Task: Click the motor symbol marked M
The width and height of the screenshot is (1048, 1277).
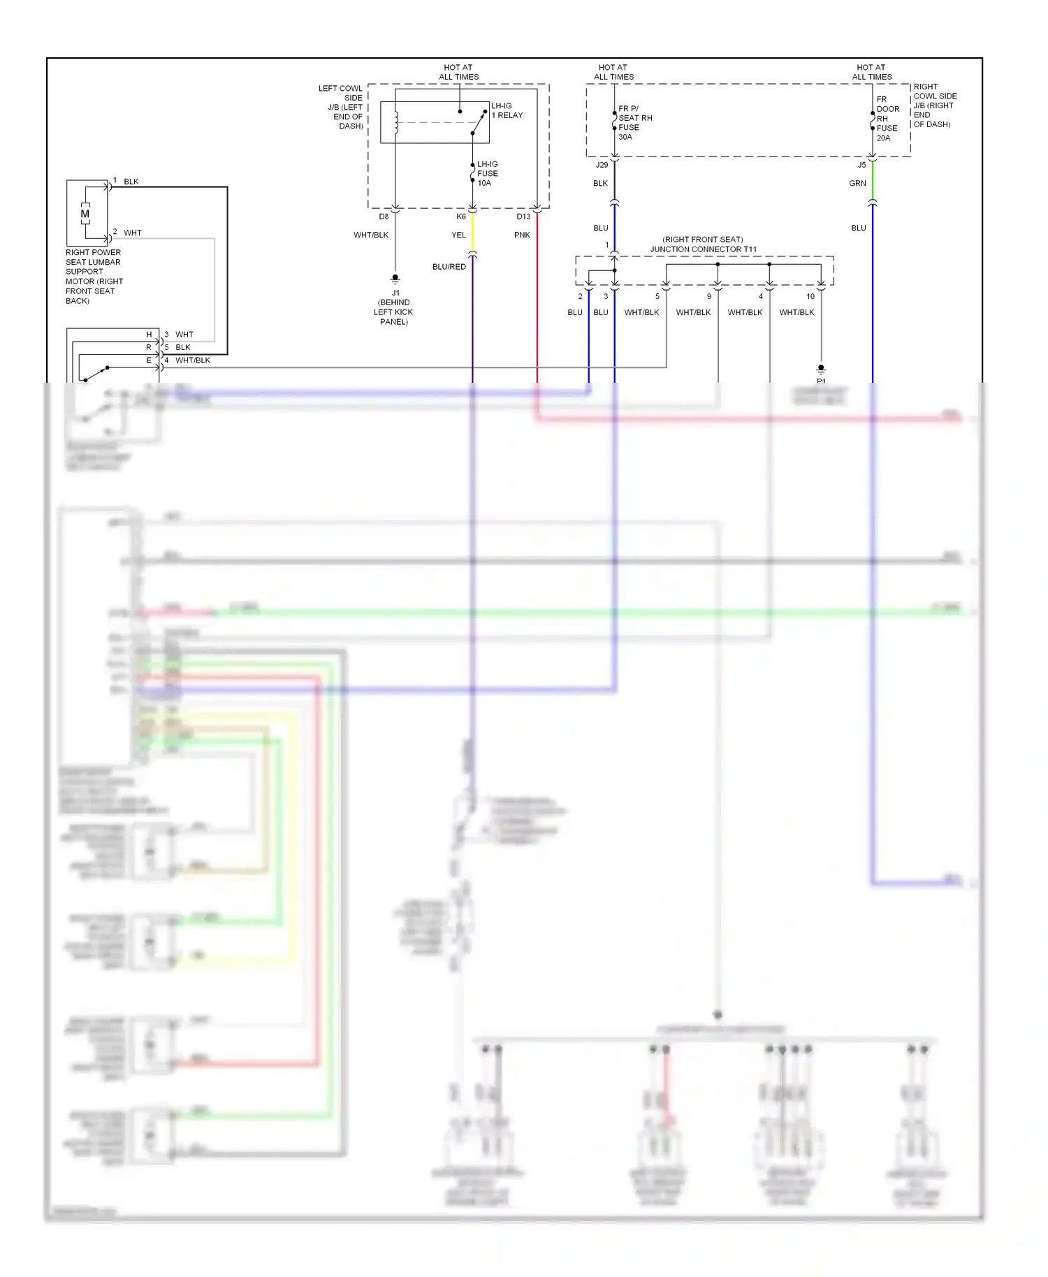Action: pos(85,214)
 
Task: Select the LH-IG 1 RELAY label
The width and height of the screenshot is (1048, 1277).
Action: pos(507,110)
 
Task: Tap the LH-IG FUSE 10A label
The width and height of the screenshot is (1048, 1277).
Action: pos(487,173)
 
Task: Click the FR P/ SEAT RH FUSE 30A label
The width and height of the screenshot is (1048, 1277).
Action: pos(634,123)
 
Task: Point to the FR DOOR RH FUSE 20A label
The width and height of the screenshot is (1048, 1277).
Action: pos(887,119)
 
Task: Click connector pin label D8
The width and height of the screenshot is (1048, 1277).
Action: pos(384,217)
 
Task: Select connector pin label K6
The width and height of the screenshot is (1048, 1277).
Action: pos(461,217)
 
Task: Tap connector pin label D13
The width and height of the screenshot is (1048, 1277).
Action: pos(523,217)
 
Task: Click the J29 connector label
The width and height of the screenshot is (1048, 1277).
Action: pos(602,165)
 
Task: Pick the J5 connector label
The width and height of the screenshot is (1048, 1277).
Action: pos(861,165)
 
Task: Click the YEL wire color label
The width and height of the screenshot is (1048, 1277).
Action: pos(458,235)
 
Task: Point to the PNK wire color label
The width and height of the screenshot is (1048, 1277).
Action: pos(522,235)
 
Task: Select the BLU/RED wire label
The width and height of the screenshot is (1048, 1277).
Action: pos(449,267)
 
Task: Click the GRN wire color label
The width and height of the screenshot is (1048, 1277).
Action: pos(857,184)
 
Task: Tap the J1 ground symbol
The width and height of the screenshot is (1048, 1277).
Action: pos(395,279)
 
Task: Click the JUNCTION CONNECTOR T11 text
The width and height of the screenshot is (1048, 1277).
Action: pos(703,249)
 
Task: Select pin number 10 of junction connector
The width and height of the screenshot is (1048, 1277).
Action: pos(810,296)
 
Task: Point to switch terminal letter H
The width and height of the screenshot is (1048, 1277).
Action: pos(149,335)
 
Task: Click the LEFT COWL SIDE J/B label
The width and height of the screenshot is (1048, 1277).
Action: pos(341,108)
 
